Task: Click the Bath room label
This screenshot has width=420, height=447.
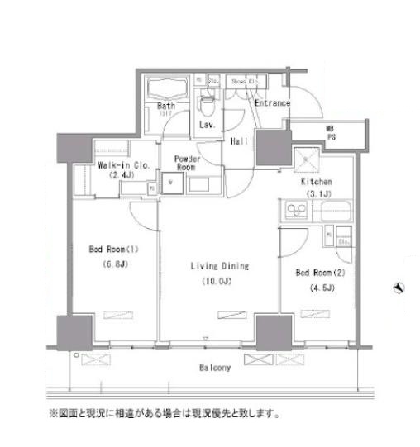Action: [165, 106]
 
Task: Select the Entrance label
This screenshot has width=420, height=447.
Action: [272, 103]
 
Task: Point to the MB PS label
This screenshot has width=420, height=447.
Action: [330, 134]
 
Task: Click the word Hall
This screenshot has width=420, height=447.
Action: [239, 140]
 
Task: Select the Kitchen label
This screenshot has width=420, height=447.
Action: [317, 181]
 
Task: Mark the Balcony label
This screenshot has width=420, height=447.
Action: [213, 368]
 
